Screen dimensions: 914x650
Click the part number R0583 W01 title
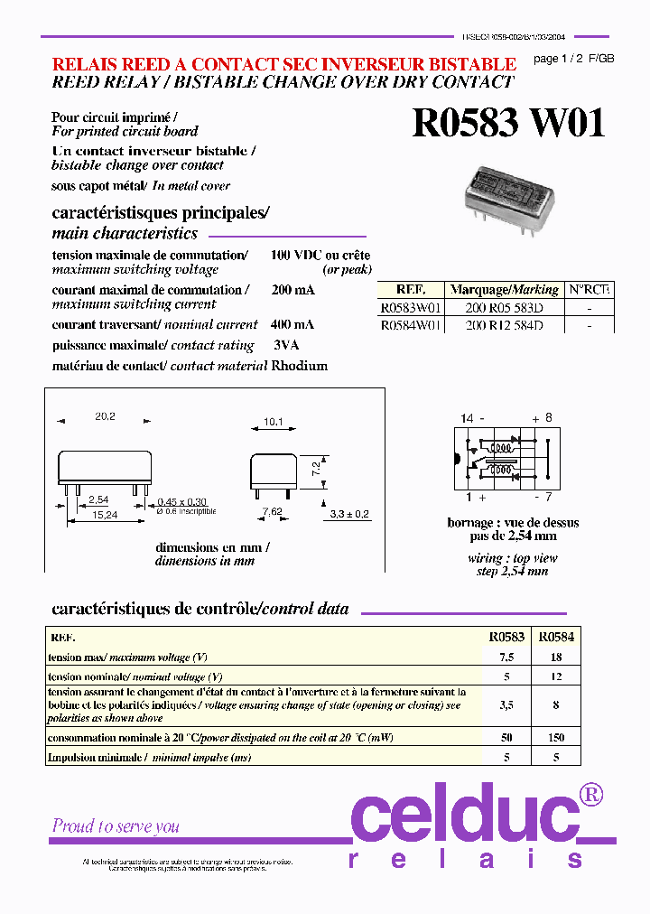point(508,124)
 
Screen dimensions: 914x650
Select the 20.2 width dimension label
point(105,416)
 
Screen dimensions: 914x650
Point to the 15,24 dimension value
point(105,514)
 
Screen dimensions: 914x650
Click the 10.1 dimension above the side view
point(274,421)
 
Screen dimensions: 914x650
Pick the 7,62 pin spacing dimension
point(271,511)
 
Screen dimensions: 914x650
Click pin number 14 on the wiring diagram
point(466,418)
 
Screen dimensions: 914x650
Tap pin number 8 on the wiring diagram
point(547,418)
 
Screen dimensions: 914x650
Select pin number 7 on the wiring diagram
point(547,498)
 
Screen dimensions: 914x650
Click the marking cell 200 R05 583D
point(504,307)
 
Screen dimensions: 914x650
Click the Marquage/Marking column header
point(504,290)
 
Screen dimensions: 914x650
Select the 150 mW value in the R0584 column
point(557,738)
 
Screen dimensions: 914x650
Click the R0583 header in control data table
point(506,637)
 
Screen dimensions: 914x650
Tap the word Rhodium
point(300,366)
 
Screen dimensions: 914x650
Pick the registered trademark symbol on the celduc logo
point(592,794)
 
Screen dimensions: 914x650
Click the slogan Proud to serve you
point(116,825)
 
